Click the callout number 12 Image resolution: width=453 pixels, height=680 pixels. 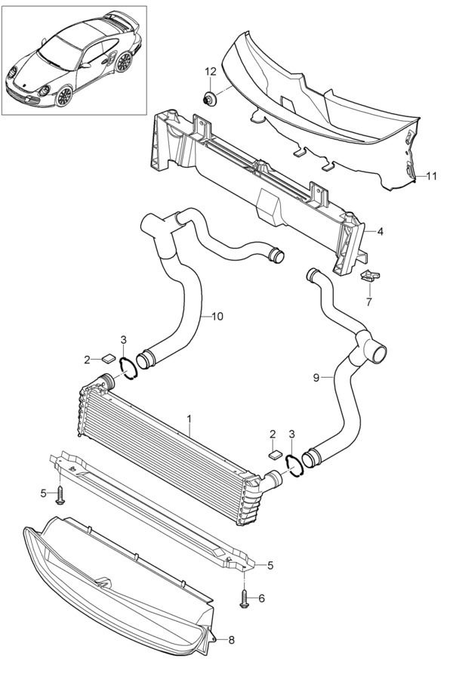(210, 72)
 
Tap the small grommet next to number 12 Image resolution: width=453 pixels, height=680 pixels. (210, 98)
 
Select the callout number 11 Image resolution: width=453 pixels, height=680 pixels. (431, 176)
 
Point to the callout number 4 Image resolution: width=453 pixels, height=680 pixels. (381, 232)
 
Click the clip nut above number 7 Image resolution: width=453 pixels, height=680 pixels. (370, 276)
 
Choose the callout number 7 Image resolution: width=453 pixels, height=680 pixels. (369, 301)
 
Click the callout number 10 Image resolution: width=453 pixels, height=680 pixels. (217, 317)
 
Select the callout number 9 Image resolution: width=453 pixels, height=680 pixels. (316, 379)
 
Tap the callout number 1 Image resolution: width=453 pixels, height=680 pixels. (190, 419)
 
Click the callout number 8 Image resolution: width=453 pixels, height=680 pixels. (232, 640)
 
